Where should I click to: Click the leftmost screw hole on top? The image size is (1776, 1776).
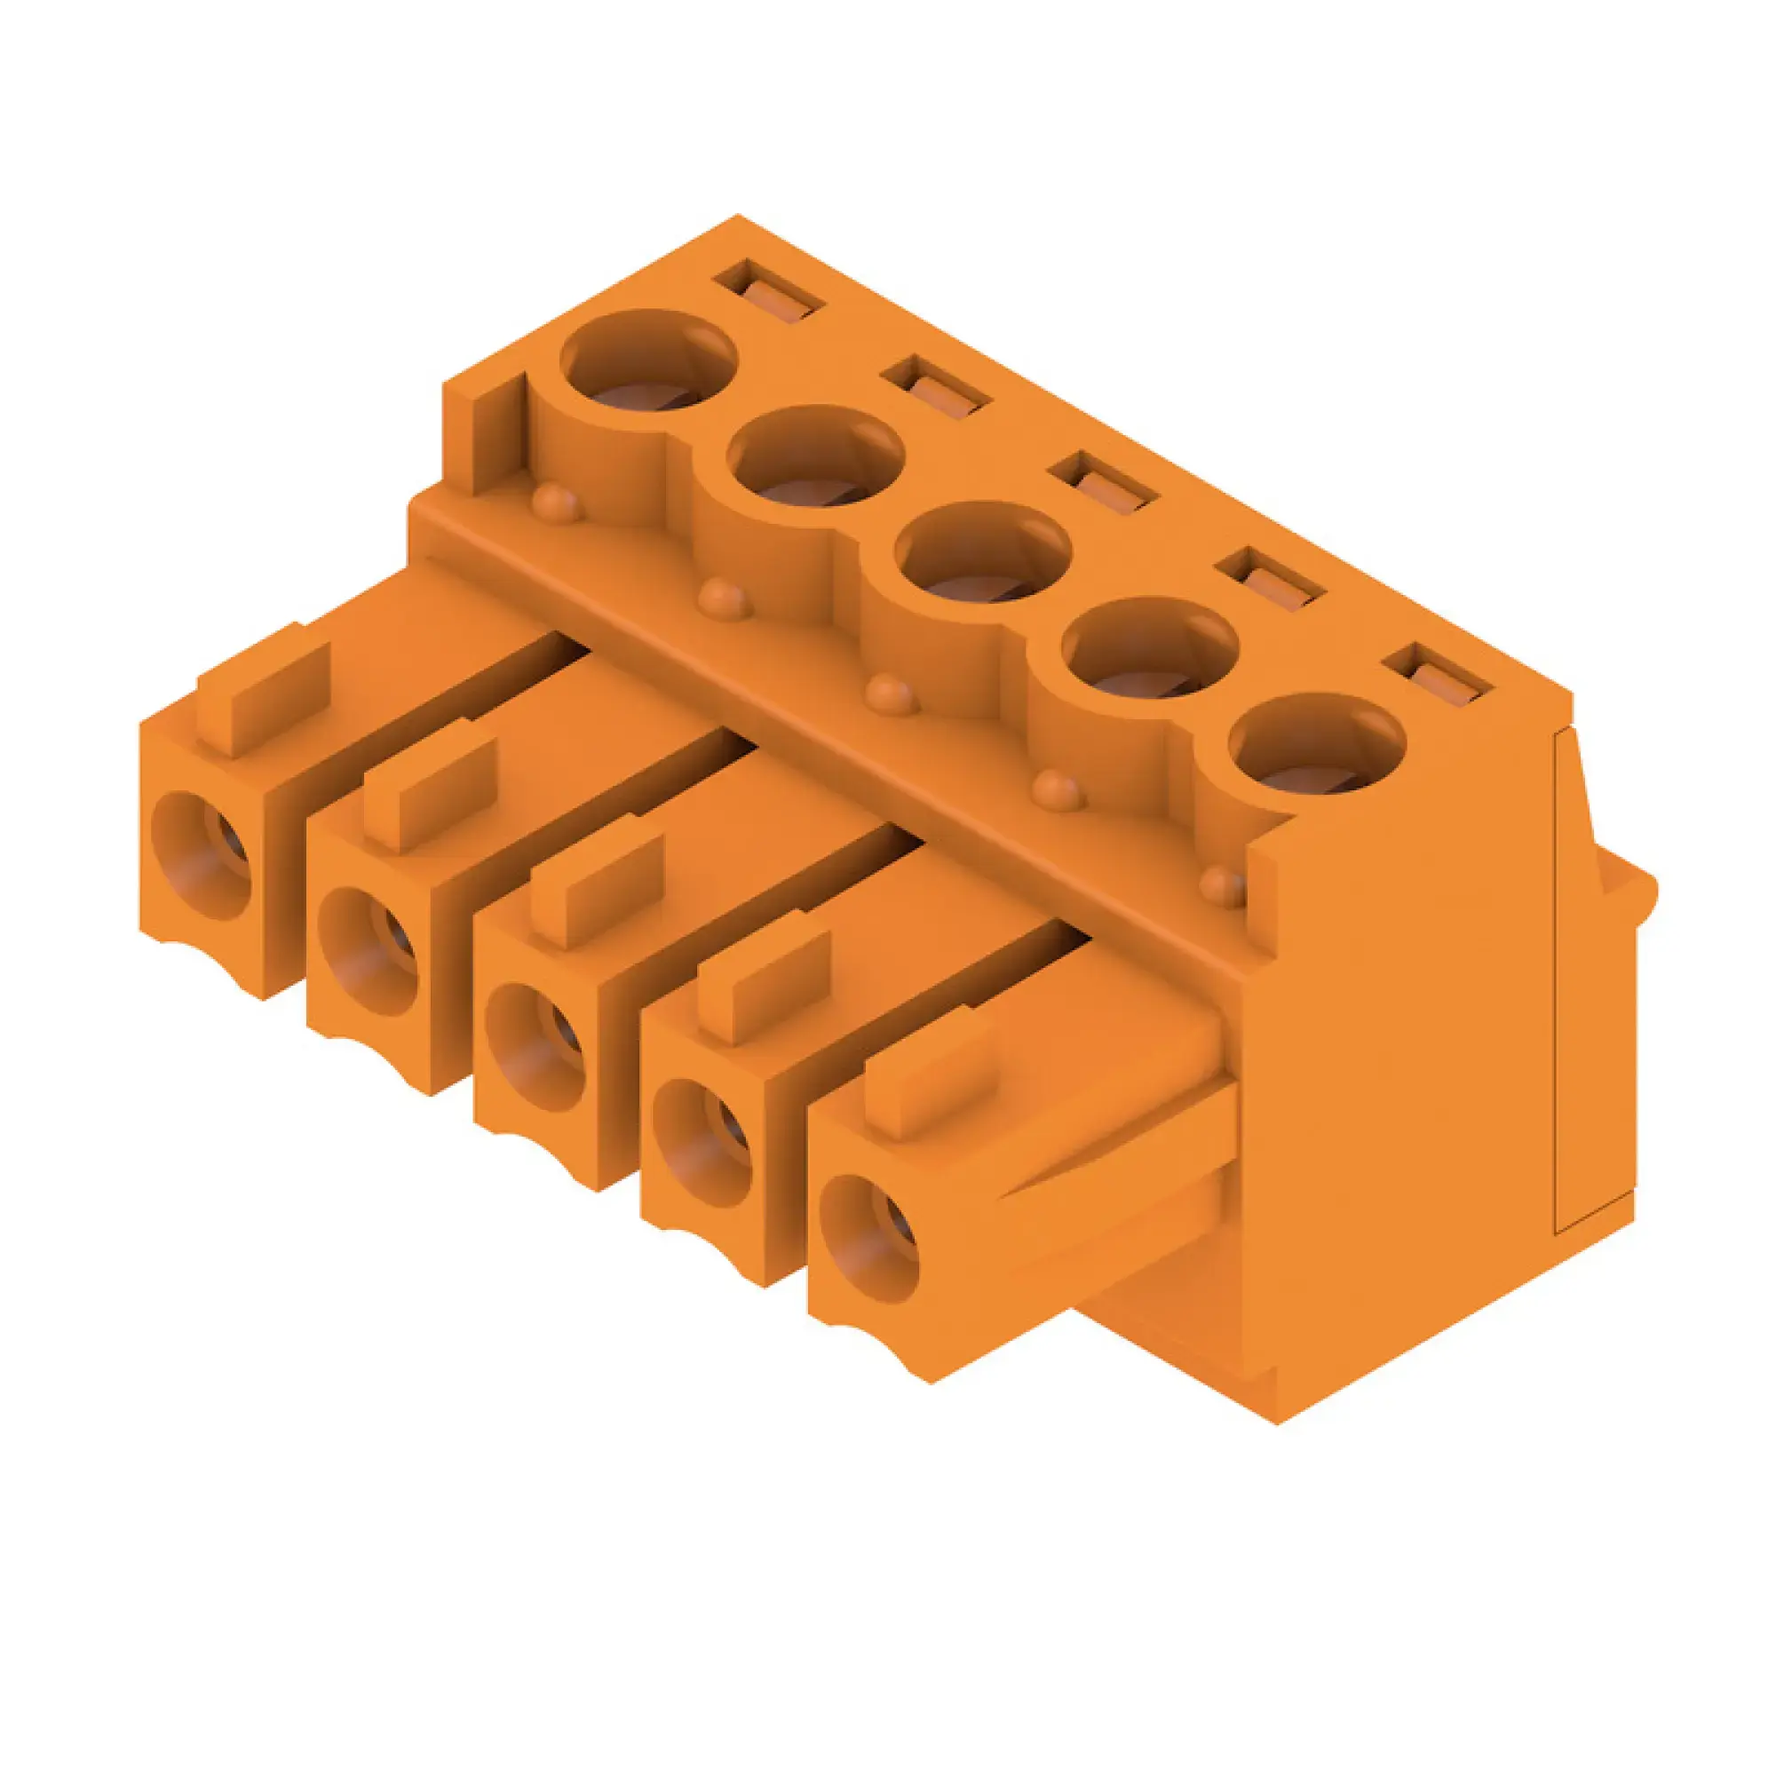tap(649, 361)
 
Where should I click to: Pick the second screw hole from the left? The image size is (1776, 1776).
tap(815, 456)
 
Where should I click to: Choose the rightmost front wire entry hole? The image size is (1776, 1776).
tap(868, 1242)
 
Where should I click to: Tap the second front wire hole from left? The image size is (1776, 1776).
tap(369, 951)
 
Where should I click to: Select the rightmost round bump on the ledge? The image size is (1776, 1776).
tap(1224, 884)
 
